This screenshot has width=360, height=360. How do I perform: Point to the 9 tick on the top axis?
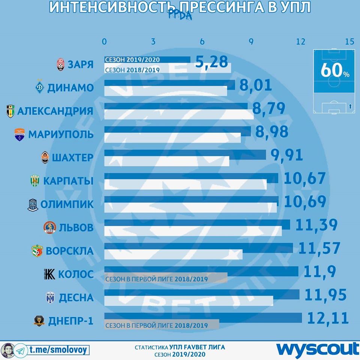(x=251, y=42)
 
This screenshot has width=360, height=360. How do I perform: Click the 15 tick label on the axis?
(x=349, y=42)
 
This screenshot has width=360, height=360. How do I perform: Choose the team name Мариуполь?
(x=60, y=134)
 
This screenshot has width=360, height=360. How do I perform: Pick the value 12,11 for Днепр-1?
(x=328, y=318)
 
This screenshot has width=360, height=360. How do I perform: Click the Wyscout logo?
(x=318, y=349)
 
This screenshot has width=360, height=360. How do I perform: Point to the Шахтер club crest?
(x=45, y=158)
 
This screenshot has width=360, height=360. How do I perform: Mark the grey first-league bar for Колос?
(x=166, y=279)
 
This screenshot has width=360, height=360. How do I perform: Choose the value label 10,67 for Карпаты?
(x=304, y=178)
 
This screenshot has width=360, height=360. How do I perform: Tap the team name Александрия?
(x=55, y=111)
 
